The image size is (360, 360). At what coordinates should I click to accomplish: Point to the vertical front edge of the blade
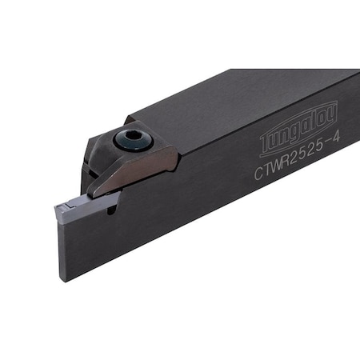(58, 248)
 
